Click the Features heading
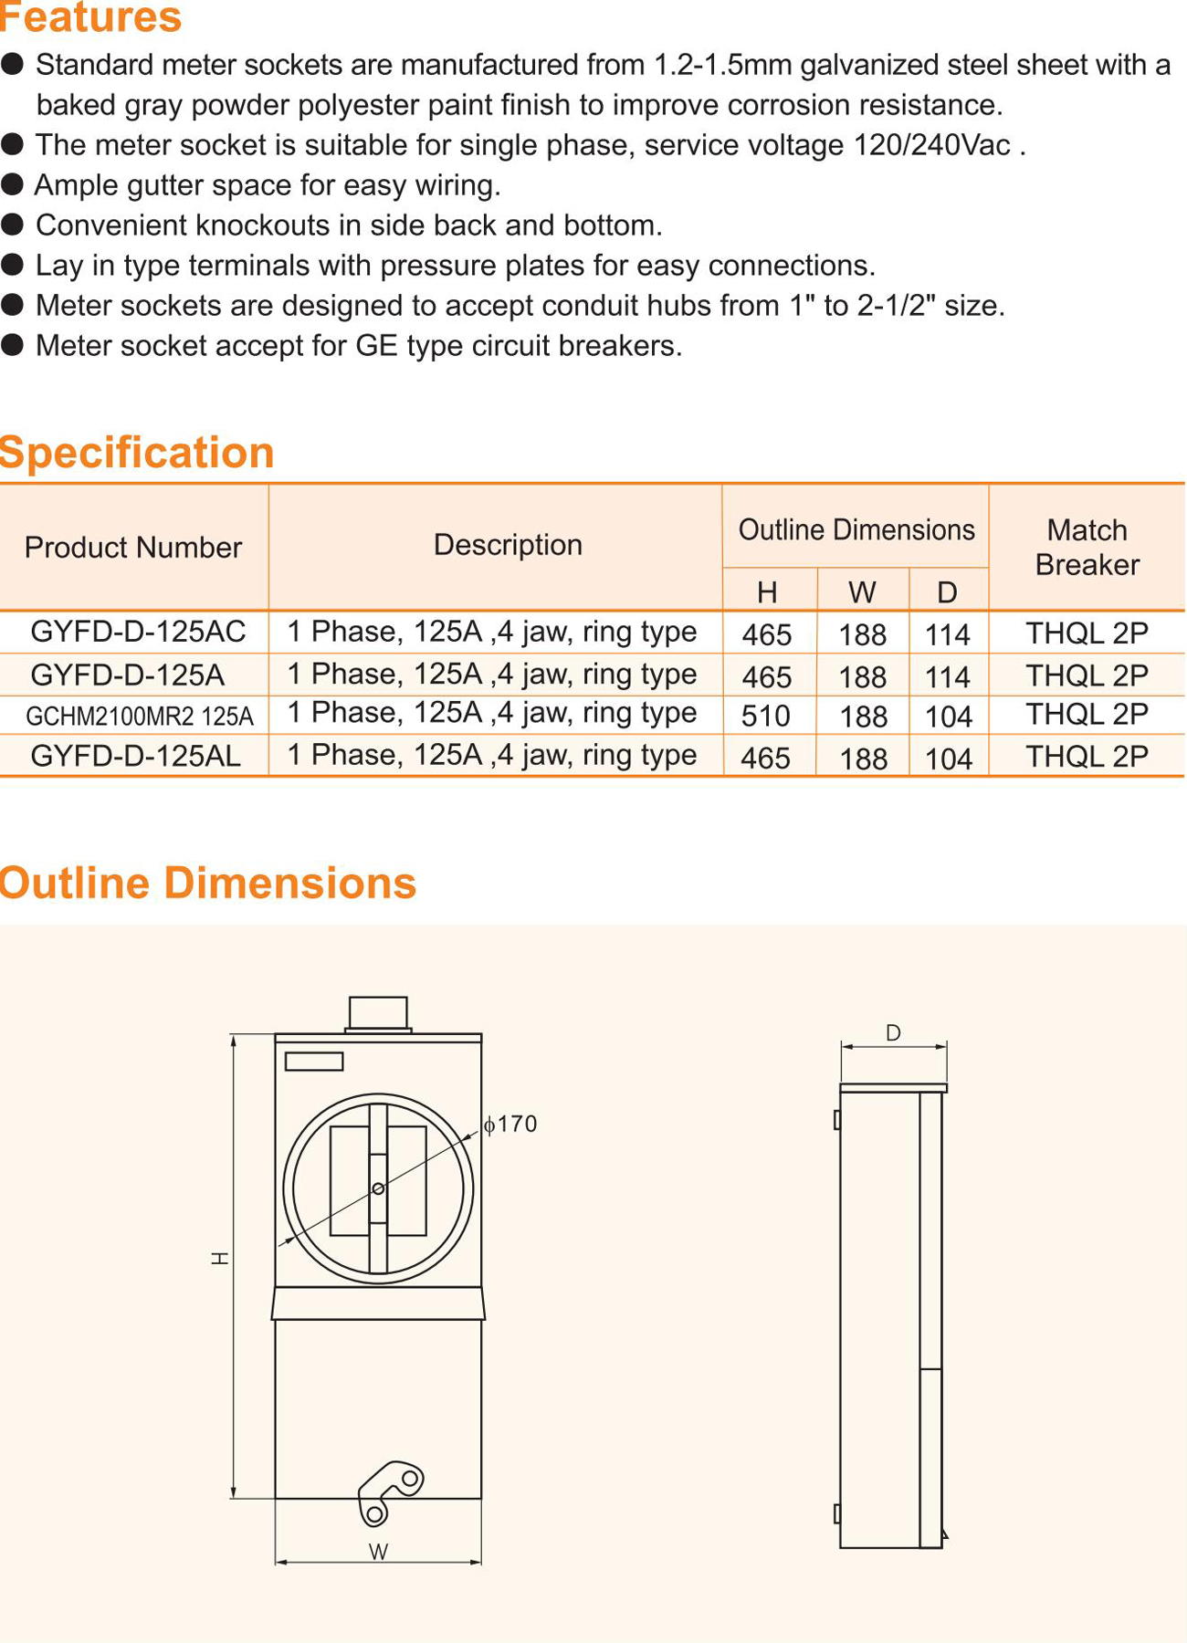click(x=90, y=17)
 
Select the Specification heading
click(x=137, y=453)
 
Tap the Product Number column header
click(x=133, y=548)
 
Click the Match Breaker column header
click(x=1087, y=548)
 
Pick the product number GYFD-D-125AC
click(x=138, y=632)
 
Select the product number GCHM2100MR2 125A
click(x=139, y=717)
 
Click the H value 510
click(x=766, y=717)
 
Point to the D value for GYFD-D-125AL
click(x=949, y=759)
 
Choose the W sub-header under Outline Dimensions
click(x=862, y=592)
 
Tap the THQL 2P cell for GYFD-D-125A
click(x=1087, y=675)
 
